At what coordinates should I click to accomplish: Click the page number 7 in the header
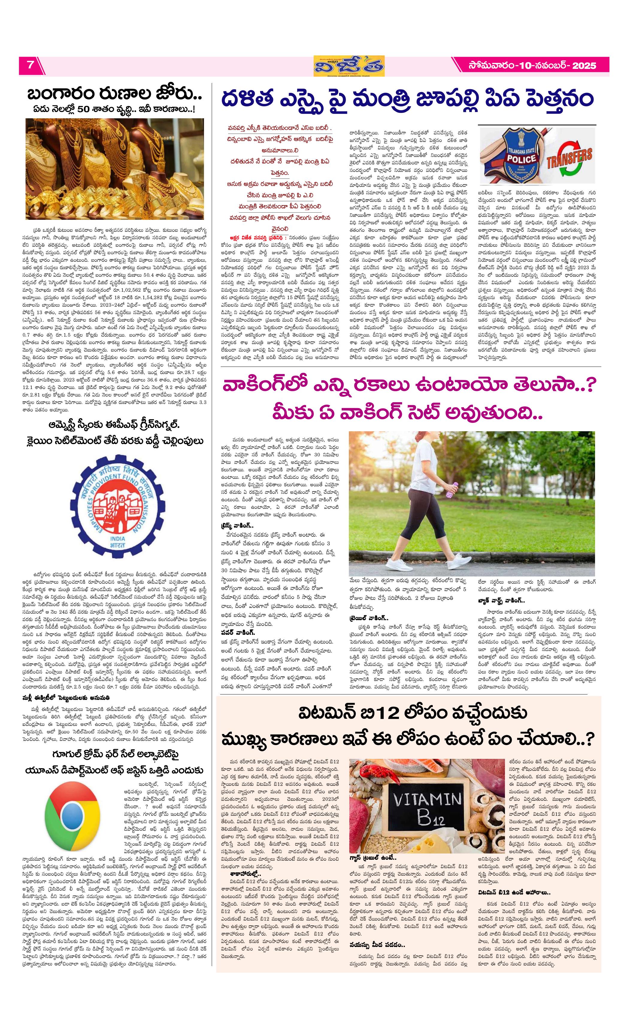tap(30, 65)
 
